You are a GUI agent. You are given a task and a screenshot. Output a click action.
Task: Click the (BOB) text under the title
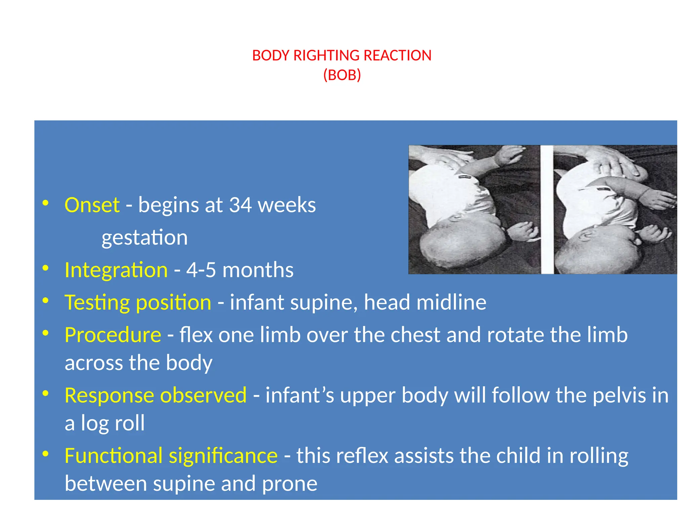click(342, 75)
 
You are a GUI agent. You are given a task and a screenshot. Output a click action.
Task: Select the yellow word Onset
click(92, 205)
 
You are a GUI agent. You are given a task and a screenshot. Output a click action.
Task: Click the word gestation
click(144, 238)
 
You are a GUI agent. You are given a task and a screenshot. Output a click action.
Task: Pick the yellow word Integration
click(116, 270)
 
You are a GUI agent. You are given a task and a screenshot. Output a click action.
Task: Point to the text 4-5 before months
click(201, 270)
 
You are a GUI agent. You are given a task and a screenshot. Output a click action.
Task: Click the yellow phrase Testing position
click(138, 302)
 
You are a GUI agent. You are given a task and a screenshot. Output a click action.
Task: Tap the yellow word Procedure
click(113, 335)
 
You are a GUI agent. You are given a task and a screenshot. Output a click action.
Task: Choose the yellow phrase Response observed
click(156, 395)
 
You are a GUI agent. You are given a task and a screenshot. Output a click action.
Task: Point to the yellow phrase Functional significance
click(171, 456)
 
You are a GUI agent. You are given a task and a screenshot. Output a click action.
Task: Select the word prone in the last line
click(290, 484)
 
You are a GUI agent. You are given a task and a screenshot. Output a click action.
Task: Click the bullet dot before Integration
click(46, 268)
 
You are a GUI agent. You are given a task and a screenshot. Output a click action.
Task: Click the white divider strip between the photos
click(547, 210)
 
